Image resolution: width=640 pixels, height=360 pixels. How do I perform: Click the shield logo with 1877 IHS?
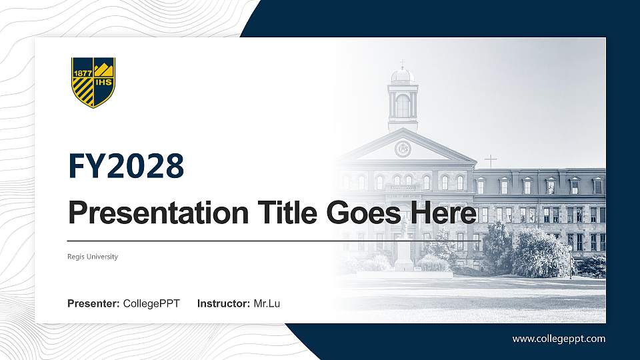point(93,82)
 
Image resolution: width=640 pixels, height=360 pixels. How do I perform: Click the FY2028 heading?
point(126,166)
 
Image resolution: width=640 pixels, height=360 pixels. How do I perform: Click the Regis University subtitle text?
point(93,257)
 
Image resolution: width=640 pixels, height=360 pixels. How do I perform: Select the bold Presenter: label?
point(93,304)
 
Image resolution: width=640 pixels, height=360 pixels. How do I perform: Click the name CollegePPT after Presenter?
point(151,304)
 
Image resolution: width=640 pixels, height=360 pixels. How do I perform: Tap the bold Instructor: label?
point(224,304)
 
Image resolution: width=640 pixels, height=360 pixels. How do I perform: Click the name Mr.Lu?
point(267,304)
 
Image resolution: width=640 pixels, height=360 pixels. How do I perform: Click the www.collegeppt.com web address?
point(559,339)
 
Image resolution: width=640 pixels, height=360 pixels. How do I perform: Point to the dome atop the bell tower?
point(403,75)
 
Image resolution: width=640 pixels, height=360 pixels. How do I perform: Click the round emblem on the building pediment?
point(403,148)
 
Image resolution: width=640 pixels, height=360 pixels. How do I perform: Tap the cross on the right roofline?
point(491,161)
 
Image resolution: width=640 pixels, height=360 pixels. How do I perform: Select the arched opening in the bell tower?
point(403,105)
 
